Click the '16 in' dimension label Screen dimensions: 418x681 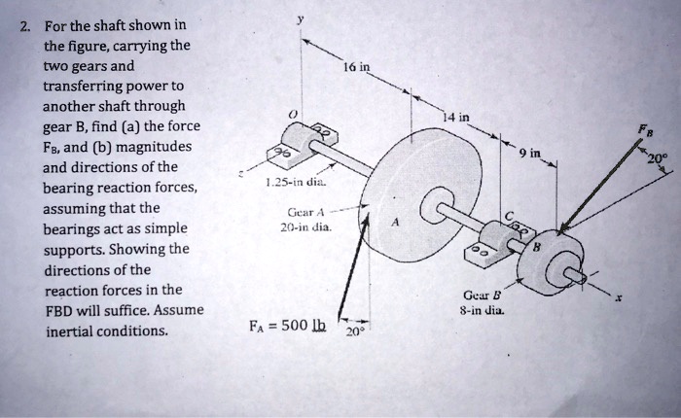pos(356,68)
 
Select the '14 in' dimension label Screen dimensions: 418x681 pos(455,118)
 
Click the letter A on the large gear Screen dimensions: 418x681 pos(394,221)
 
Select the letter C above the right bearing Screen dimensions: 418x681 pos(510,215)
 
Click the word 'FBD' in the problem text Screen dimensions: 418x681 pos(60,310)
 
